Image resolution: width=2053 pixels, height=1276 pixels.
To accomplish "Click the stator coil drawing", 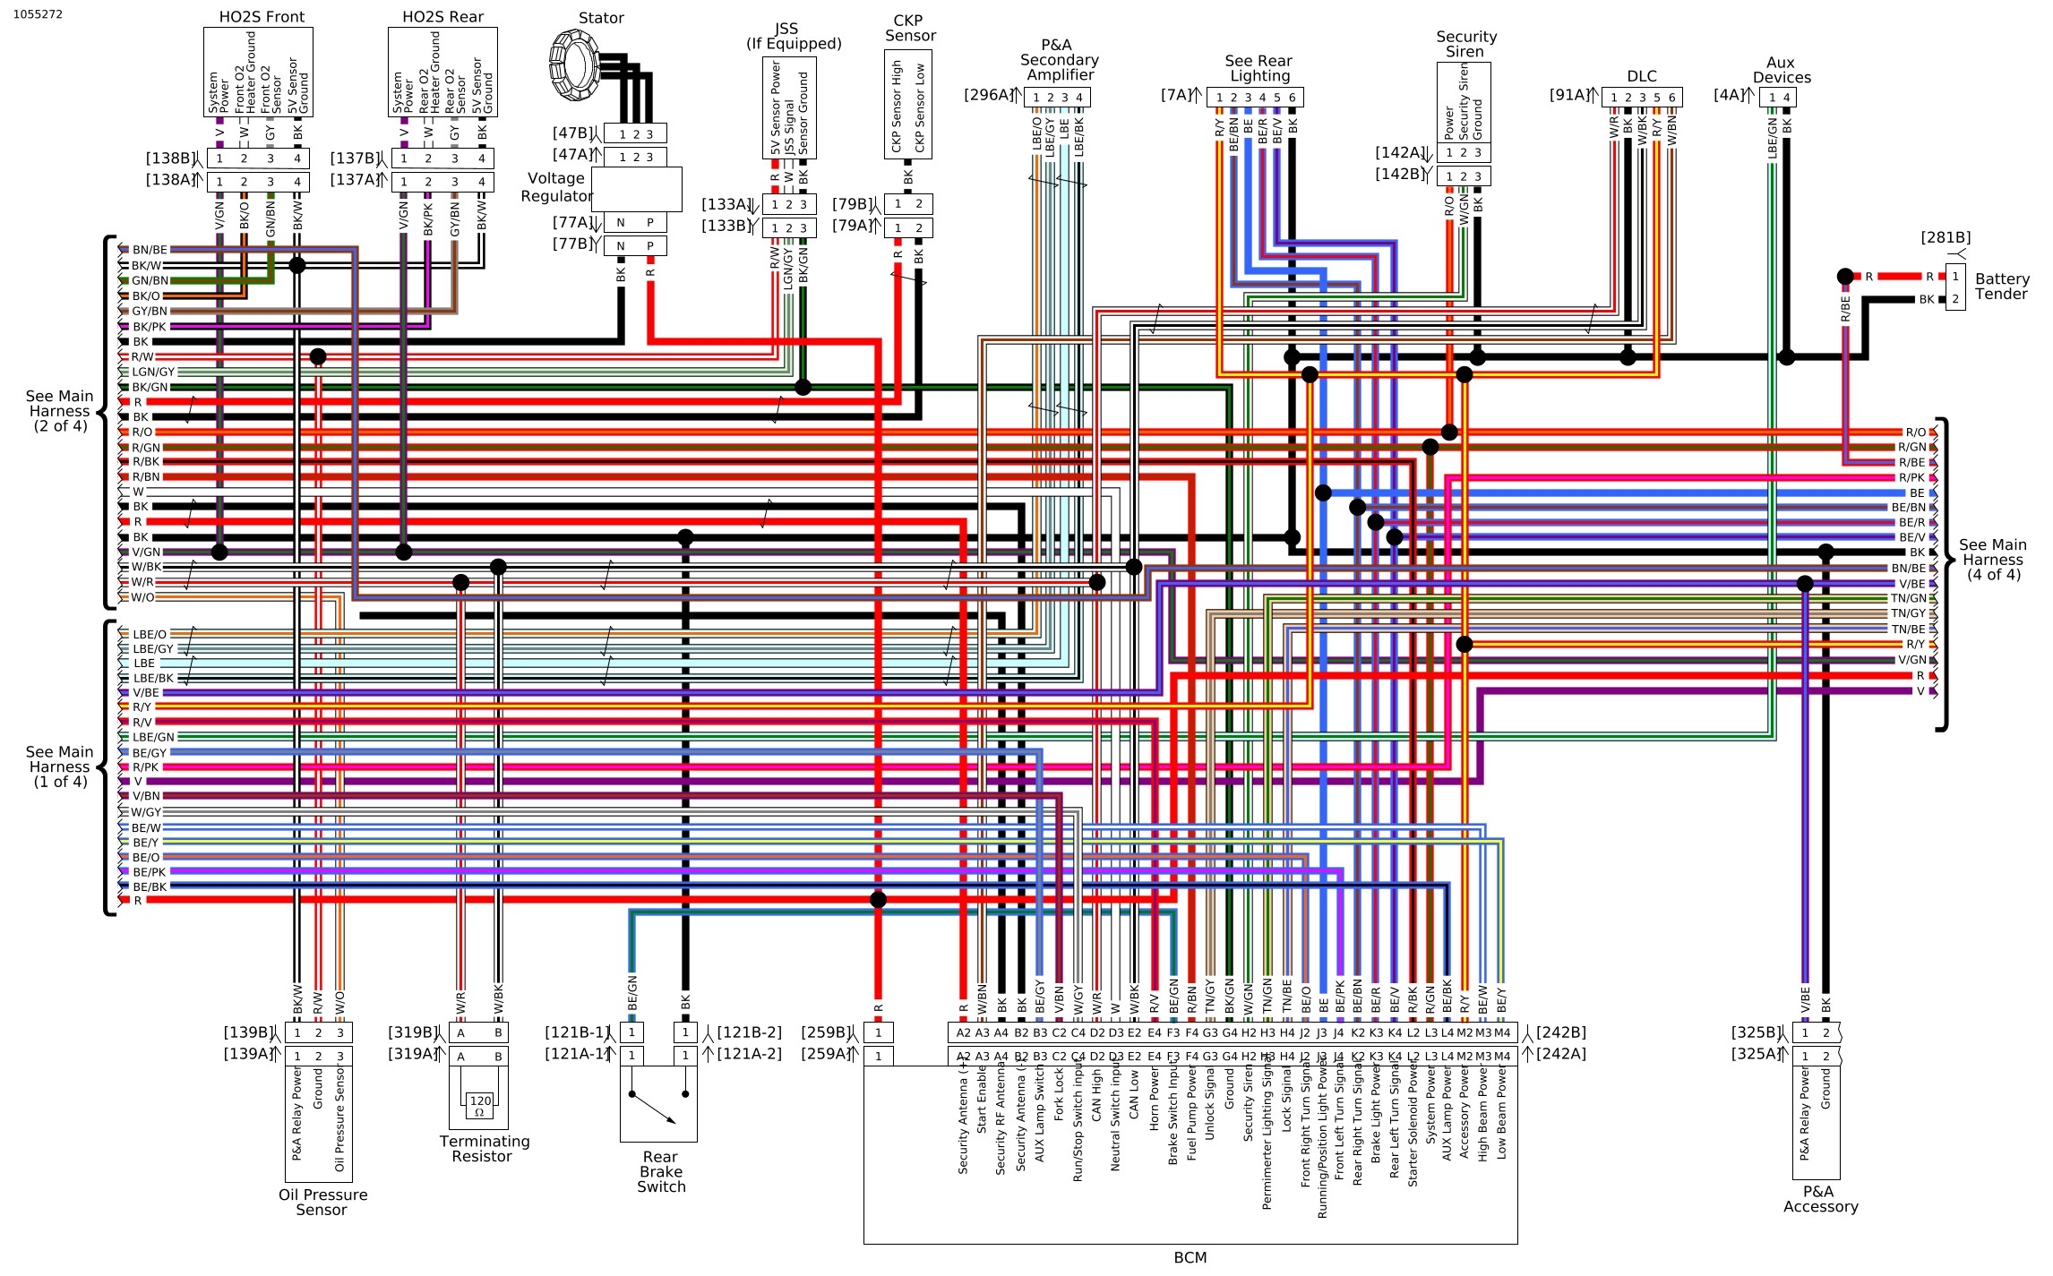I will [x=573, y=64].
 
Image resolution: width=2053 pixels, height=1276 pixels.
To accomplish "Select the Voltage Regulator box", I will [x=636, y=189].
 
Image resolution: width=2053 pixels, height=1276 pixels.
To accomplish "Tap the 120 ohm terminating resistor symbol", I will [x=479, y=1105].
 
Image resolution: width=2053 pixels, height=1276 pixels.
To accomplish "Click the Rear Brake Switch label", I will [x=660, y=1171].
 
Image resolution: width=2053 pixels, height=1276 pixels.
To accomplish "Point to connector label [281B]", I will [x=1945, y=237].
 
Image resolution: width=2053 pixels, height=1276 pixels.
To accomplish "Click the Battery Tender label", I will [x=2001, y=287].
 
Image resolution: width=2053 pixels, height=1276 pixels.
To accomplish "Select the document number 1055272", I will [x=38, y=14].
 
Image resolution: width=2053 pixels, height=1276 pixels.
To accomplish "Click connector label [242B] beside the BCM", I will [x=1560, y=1032].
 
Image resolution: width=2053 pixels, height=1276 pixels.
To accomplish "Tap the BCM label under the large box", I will [x=1190, y=1257].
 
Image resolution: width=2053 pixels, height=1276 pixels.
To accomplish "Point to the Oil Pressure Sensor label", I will [x=322, y=1202].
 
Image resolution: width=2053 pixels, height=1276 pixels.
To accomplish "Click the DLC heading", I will [x=1641, y=77].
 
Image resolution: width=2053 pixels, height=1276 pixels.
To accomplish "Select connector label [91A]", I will [x=1569, y=95].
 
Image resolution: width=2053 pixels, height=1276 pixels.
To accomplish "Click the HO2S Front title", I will [x=262, y=17].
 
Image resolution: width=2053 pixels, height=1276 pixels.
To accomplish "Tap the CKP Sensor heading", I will [x=909, y=28].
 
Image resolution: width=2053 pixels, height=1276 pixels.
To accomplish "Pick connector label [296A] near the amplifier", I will [x=988, y=95].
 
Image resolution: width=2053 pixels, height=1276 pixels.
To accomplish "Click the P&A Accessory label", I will [x=1819, y=1199].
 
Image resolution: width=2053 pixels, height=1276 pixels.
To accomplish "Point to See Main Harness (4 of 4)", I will [x=1992, y=560].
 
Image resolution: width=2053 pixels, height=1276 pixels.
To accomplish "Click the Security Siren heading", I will [x=1465, y=44].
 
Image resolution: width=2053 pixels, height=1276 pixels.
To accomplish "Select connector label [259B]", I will [x=826, y=1032].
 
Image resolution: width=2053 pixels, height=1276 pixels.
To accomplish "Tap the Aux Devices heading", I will [x=1781, y=70].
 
